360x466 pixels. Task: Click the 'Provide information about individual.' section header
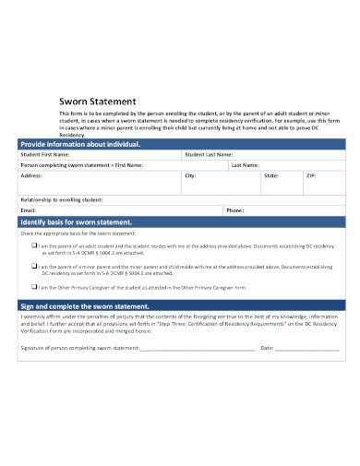[80, 145]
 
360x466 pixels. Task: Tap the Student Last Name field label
[208, 154]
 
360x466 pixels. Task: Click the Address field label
[31, 174]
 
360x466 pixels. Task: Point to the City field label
[190, 174]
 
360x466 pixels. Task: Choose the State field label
[270, 174]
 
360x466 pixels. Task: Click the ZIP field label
[311, 174]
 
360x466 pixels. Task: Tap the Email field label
[29, 210]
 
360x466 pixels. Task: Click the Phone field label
[234, 210]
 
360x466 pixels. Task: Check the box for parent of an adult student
[35, 245]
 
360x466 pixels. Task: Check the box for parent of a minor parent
[35, 265]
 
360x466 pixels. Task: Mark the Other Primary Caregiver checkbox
[35, 286]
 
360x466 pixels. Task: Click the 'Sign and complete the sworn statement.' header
[84, 305]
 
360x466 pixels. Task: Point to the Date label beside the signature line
[268, 348]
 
